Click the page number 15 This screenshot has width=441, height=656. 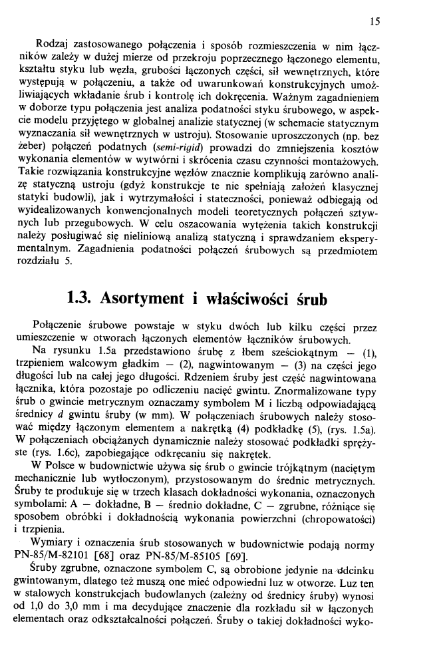click(374, 22)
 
